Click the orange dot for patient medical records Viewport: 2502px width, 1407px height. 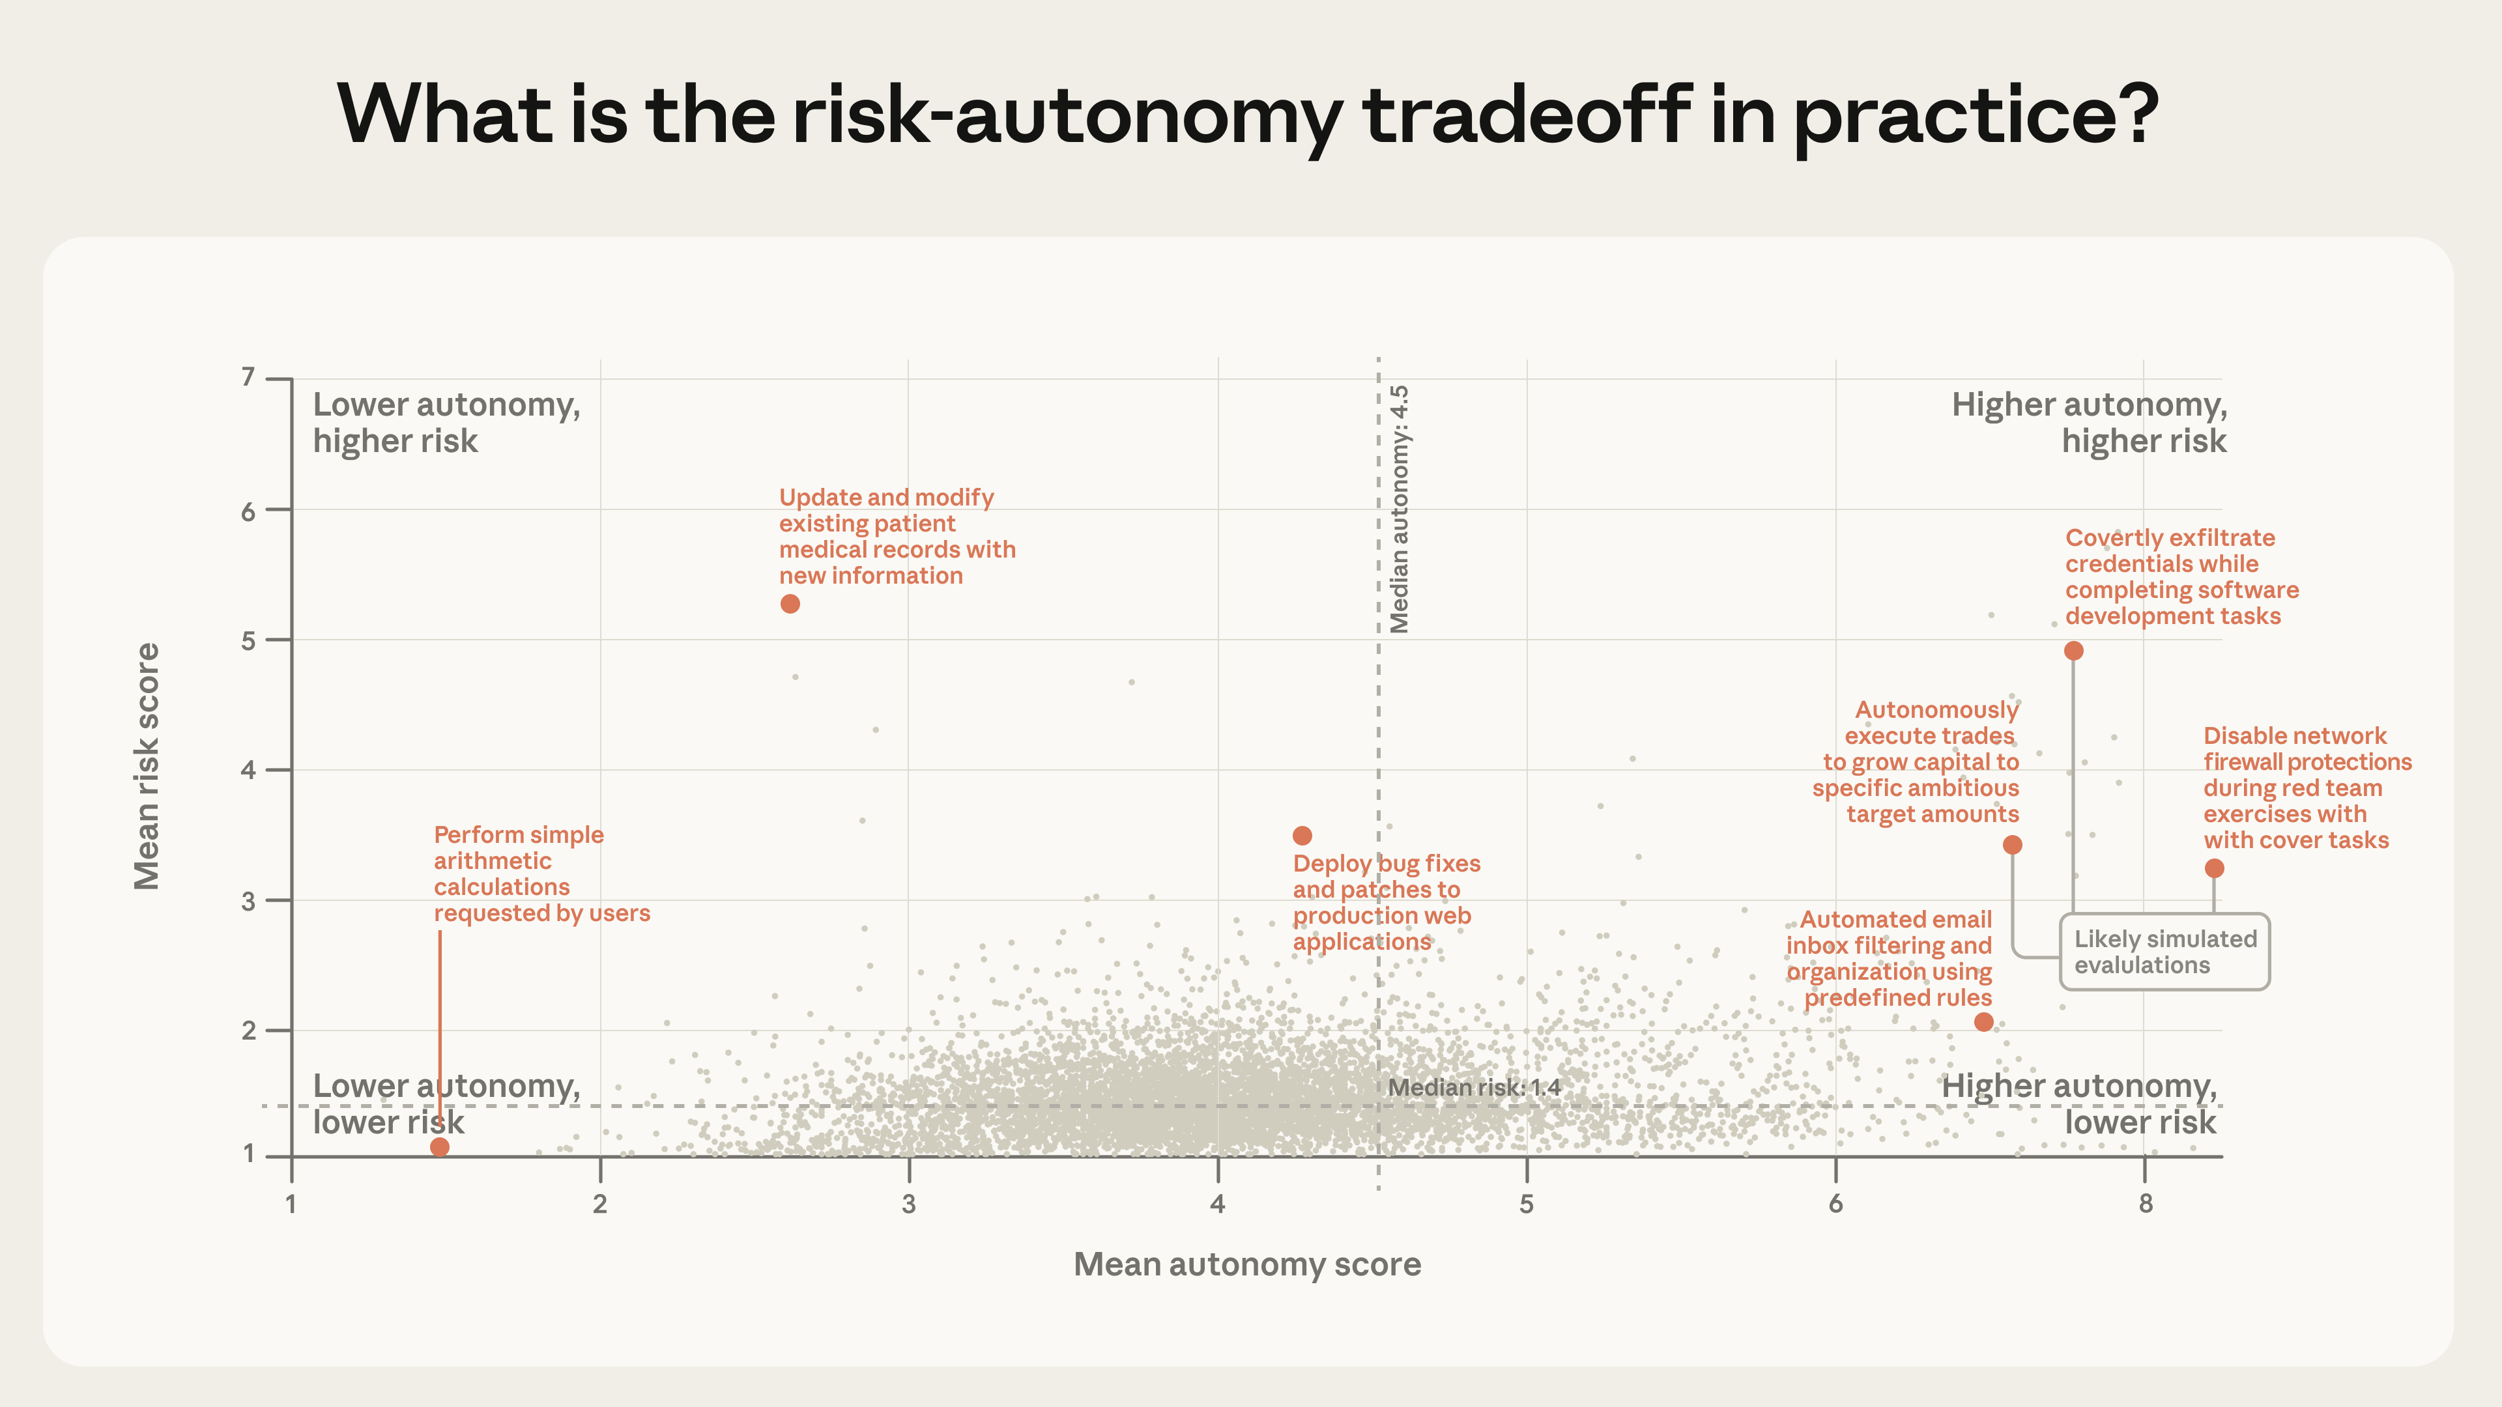tap(790, 604)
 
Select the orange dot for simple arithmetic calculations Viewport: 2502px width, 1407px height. tap(439, 1146)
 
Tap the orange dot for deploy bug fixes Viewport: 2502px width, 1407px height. tap(1302, 835)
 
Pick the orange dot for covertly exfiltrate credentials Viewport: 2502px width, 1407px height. tap(2074, 651)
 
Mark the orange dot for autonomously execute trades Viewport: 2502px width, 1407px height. tap(2013, 845)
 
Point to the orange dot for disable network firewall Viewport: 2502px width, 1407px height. tap(2215, 868)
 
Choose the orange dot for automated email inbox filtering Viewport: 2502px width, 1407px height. tap(1984, 1021)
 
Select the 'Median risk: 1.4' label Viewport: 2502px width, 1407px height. tap(1473, 1088)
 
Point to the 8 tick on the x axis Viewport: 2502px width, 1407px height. tap(2146, 1204)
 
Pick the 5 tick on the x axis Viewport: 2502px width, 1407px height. tap(1527, 1204)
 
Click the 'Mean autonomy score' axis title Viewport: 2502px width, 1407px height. tap(1247, 1264)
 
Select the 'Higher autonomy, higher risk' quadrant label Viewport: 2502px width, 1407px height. tap(2089, 422)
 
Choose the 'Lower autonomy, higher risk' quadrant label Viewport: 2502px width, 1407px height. tap(446, 422)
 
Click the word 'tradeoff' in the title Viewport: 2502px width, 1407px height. tap(1527, 115)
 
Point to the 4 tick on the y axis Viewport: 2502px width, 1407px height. tap(249, 770)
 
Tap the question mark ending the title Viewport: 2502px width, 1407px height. tap(2133, 115)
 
